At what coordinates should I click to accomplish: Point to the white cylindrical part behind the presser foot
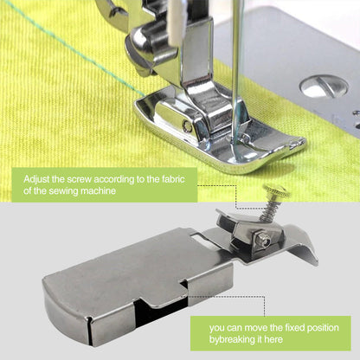(177, 22)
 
